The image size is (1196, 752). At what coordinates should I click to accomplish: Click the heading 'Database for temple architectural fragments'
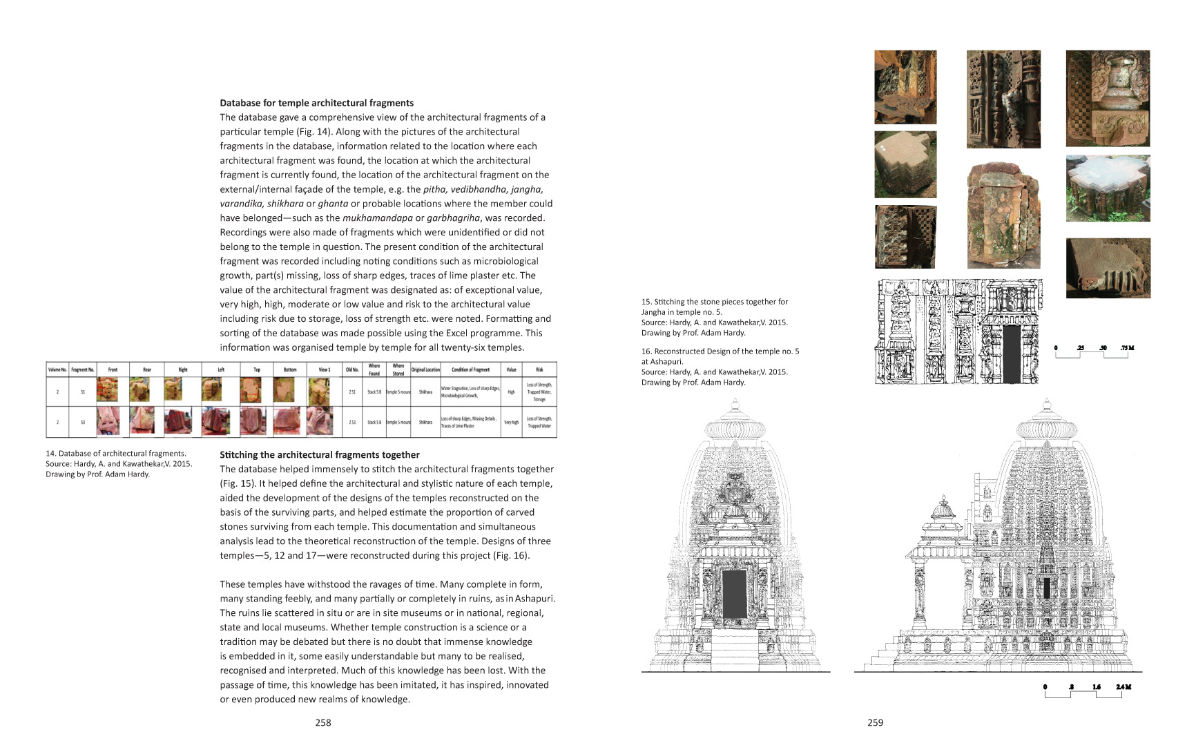point(316,103)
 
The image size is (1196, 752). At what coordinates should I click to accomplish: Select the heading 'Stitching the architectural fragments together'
point(319,454)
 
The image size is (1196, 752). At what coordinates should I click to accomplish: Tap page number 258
point(322,722)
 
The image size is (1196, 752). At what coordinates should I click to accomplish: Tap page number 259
point(875,722)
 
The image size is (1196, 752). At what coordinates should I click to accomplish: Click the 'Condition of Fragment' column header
point(470,369)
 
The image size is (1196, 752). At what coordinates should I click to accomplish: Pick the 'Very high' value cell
point(511,422)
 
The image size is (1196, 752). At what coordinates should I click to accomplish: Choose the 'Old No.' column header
point(352,369)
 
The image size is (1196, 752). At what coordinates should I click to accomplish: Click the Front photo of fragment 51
point(107,390)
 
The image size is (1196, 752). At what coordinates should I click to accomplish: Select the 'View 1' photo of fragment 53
point(319,421)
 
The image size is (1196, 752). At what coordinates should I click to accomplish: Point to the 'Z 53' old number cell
point(352,422)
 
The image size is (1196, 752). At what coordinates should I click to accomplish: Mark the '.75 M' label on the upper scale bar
point(1127,347)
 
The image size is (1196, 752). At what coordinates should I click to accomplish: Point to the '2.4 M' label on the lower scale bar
point(1123,686)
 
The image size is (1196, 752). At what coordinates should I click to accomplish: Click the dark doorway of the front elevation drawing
point(734,594)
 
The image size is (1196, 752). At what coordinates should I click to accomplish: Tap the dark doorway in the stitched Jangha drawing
point(1011,354)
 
